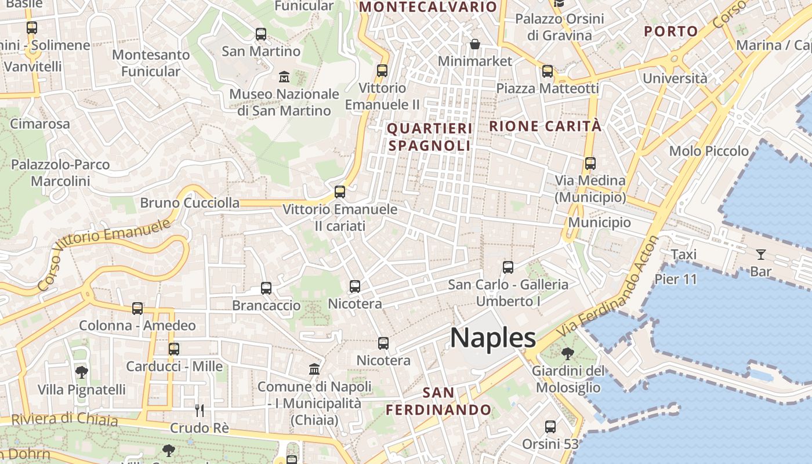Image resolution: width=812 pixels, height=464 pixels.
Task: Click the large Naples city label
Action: point(493,338)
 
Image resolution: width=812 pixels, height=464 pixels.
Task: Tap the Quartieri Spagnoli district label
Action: point(429,137)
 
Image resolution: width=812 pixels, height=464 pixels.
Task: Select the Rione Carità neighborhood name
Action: point(546,126)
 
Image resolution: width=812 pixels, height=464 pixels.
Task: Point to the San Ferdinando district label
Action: point(438,401)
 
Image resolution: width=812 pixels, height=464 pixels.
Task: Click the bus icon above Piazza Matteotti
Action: point(548,71)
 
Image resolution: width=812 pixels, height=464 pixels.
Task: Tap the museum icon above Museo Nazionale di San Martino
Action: point(284,77)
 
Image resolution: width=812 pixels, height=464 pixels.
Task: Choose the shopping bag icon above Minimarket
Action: point(475,44)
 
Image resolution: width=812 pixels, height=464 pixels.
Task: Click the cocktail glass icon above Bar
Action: point(760,254)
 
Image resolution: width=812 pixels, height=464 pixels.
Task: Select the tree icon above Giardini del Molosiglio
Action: point(568,353)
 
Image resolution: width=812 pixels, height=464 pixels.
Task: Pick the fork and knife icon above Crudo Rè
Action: point(200,411)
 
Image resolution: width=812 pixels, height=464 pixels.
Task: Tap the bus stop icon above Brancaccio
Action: point(266,288)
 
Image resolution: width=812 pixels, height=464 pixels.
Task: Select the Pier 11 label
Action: point(676,279)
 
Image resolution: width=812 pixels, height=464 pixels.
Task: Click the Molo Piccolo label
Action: point(709,151)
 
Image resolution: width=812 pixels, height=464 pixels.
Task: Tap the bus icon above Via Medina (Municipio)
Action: point(590,164)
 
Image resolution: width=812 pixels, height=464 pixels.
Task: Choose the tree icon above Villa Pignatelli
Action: point(82,372)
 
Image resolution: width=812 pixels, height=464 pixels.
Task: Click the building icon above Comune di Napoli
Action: point(314,369)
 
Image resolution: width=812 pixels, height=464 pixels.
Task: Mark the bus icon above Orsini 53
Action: point(550,427)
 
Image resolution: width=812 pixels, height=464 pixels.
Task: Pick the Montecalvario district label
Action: point(428,7)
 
